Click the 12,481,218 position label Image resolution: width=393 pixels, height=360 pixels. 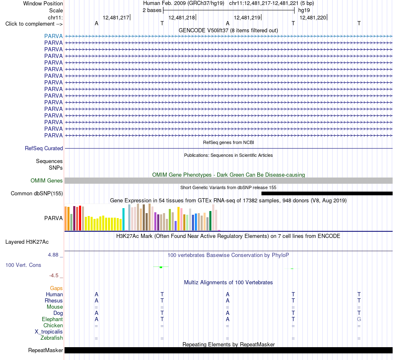tap(182, 17)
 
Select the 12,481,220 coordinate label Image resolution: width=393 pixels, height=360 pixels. tap(313, 17)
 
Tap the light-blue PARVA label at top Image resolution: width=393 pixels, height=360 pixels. tap(53, 36)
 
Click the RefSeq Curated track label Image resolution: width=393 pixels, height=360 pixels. tap(44, 149)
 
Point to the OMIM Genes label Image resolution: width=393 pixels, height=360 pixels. tap(47, 180)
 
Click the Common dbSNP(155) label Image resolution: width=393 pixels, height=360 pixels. tap(37, 194)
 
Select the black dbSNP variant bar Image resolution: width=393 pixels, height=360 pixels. tap(327, 194)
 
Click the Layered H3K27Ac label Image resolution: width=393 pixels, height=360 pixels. tap(27, 242)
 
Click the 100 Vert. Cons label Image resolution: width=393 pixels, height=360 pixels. tap(23, 265)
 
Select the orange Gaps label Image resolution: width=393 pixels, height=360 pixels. tap(56, 288)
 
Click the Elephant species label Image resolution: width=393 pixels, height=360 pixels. tap(53, 319)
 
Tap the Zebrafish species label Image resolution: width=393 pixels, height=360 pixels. tap(52, 338)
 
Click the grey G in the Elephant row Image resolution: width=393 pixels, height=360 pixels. tap(359, 319)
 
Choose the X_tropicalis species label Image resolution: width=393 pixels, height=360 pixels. tap(49, 332)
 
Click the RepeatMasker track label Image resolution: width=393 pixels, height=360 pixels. tap(46, 350)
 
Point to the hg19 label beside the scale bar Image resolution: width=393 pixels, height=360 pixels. tap(304, 10)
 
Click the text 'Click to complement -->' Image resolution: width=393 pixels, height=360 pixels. tap(34, 24)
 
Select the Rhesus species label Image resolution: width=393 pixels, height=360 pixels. tap(54, 300)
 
